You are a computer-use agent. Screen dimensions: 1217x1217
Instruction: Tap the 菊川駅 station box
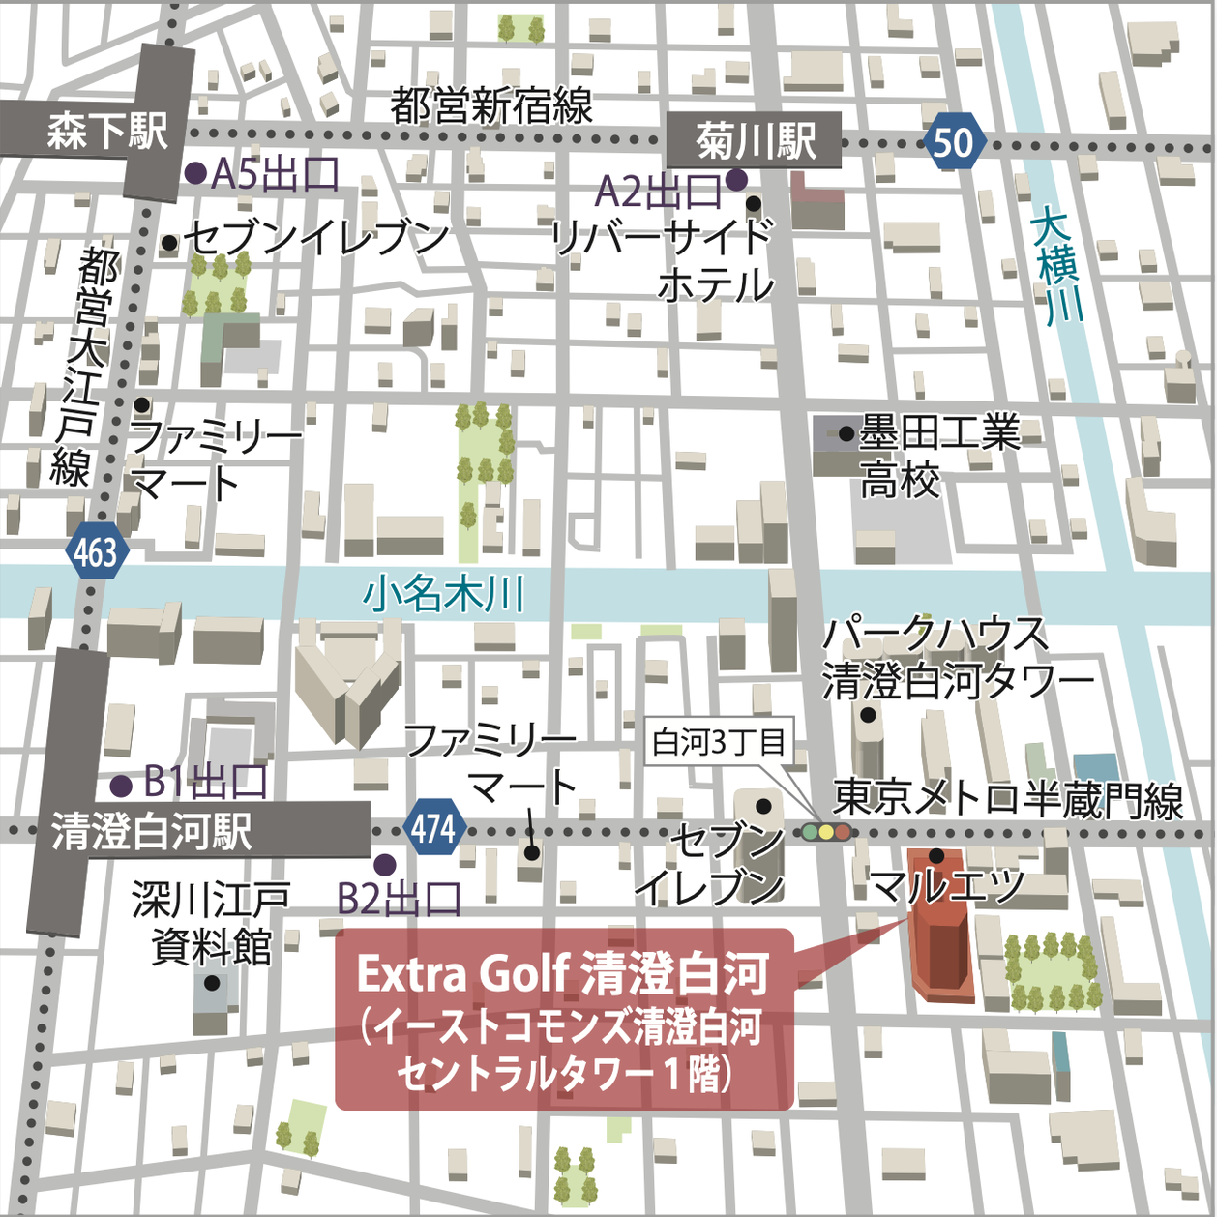755,141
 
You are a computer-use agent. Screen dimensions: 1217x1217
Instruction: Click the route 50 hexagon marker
954,142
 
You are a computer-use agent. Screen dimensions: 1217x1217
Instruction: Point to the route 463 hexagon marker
96,553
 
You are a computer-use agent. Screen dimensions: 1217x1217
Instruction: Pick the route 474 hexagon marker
432,828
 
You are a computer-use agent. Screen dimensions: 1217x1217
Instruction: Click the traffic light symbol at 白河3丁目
825,831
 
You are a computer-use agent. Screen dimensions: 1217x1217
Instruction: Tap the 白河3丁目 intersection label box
719,742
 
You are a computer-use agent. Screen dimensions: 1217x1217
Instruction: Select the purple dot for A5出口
195,173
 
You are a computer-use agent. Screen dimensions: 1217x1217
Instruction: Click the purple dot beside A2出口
736,179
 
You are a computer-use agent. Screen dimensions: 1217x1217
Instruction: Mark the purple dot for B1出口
121,785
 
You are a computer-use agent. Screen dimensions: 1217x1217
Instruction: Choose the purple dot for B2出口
385,864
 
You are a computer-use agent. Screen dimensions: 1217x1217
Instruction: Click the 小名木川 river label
444,593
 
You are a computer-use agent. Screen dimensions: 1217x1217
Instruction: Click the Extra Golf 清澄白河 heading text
563,974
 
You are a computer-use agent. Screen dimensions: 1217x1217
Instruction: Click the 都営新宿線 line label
491,105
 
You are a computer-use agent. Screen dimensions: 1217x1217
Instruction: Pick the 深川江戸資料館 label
212,923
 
